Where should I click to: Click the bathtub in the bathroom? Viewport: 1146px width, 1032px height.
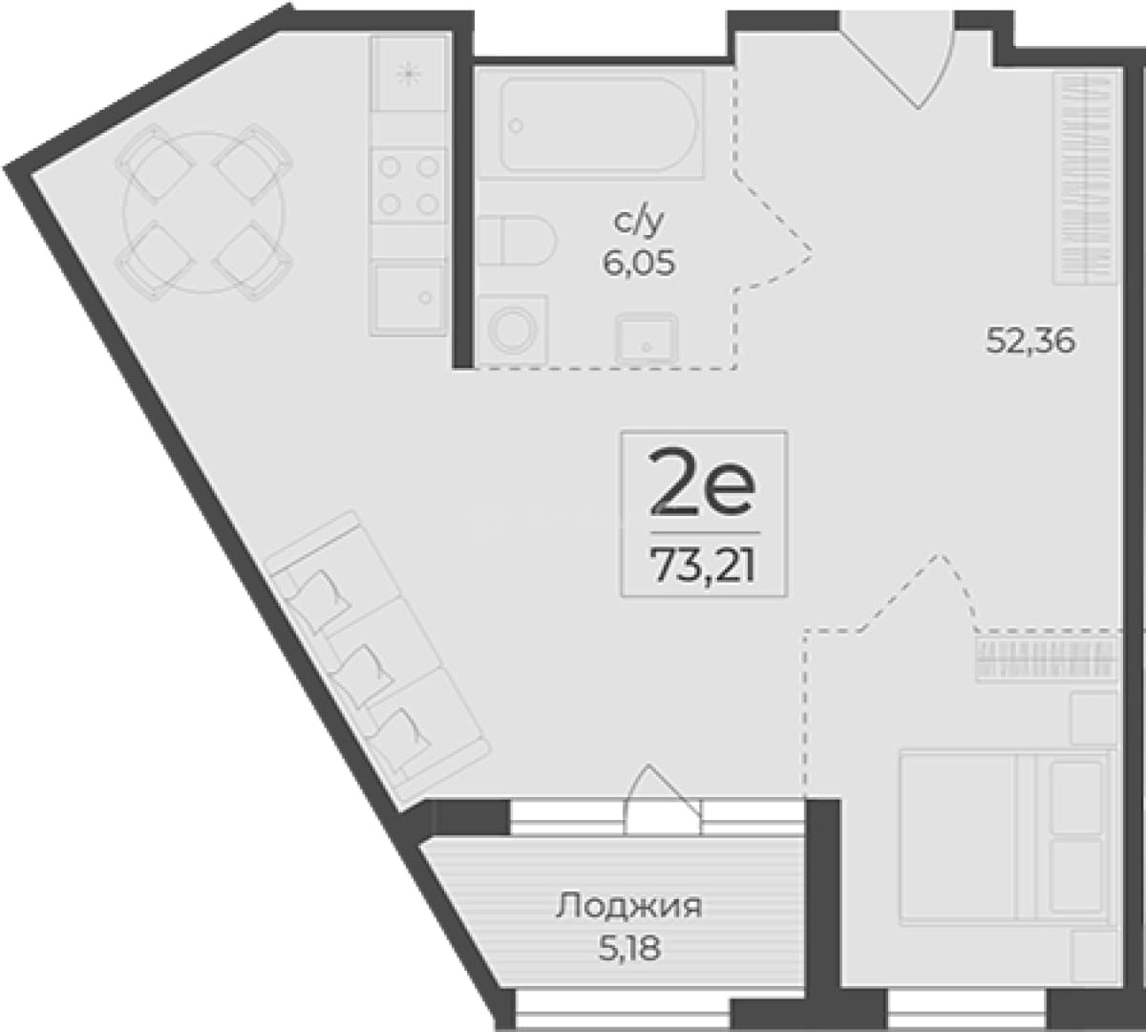tap(591, 124)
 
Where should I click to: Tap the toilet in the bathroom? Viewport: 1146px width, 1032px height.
tap(516, 240)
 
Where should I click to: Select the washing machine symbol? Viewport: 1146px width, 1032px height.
tap(513, 330)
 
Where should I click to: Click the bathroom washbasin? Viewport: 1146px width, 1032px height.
tap(647, 338)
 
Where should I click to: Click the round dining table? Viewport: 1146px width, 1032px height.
tap(204, 211)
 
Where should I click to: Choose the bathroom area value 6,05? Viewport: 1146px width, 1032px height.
tap(638, 264)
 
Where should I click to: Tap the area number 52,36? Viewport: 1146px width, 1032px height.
tap(1030, 342)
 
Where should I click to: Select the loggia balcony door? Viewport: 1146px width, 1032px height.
tap(664, 800)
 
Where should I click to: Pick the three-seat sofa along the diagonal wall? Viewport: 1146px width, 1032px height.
tap(378, 657)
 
